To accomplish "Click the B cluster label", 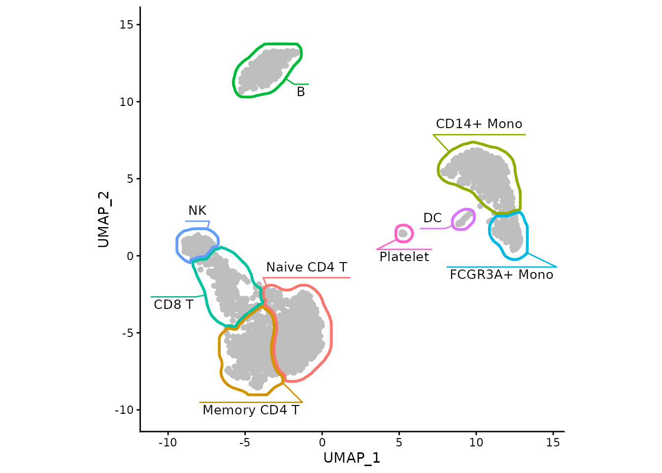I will click(x=301, y=92).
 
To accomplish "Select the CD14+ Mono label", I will click(x=479, y=124).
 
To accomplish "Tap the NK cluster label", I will click(x=197, y=211).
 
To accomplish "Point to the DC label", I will click(x=432, y=218).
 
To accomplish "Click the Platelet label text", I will click(x=404, y=257).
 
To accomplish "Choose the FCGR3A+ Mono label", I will click(x=501, y=275).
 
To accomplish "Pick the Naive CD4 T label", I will click(x=306, y=268).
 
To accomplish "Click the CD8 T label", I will click(x=173, y=305).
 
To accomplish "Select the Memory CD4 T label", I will click(x=251, y=410).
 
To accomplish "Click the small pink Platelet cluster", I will click(x=403, y=233).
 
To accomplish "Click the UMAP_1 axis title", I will click(x=352, y=458).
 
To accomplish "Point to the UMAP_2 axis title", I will click(x=103, y=219).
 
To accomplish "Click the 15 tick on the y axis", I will click(x=127, y=25).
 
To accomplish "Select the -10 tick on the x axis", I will click(x=167, y=442).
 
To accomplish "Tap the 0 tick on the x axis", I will click(x=322, y=442).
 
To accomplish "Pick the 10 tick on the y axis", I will click(x=127, y=102).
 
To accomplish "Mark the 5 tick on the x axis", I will click(x=399, y=442).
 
